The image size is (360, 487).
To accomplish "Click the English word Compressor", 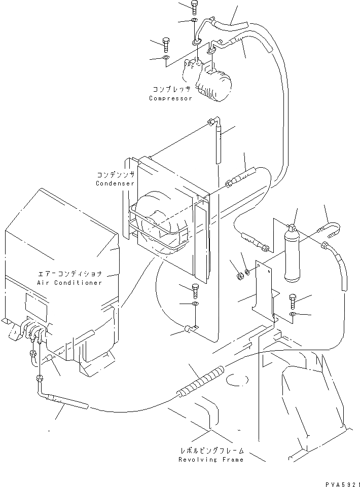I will coord(170,98).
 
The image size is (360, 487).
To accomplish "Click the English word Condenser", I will coord(115,183).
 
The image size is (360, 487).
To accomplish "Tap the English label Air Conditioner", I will coord(69,282).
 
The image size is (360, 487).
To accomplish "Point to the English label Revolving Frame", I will coord(210,460).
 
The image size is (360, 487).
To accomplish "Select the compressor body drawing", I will coord(214,84).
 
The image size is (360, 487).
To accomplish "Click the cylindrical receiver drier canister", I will coord(294,256).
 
